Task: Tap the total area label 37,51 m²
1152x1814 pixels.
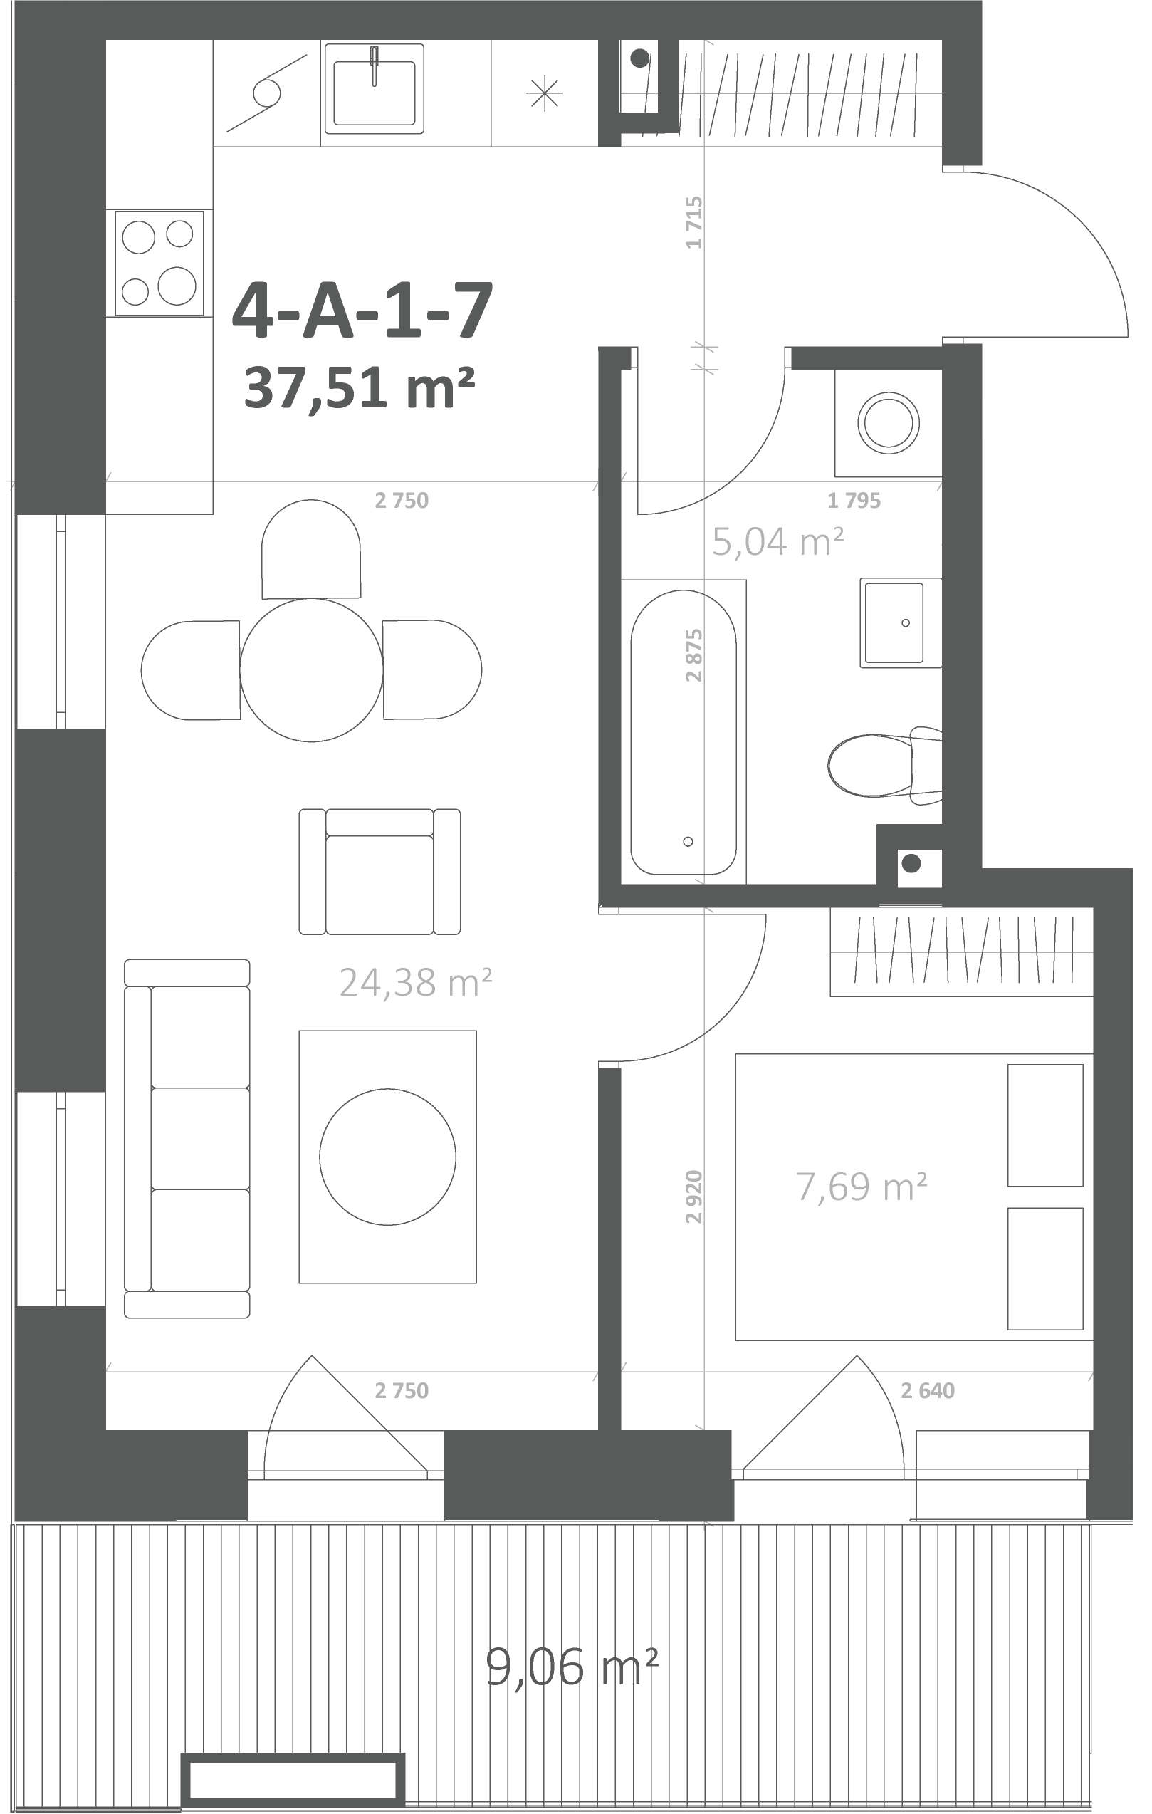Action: [x=359, y=387]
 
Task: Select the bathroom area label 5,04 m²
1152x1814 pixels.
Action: [x=777, y=542]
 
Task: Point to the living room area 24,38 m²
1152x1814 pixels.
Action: [x=416, y=982]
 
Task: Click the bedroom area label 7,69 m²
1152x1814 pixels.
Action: [x=862, y=1187]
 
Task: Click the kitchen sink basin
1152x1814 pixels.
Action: [x=375, y=93]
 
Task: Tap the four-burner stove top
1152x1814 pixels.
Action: [x=159, y=263]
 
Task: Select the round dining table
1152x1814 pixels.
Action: [x=311, y=669]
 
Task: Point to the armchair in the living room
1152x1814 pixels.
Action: [x=379, y=872]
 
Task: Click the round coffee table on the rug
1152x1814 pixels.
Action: [x=387, y=1157]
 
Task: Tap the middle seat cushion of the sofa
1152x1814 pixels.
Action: [x=200, y=1138]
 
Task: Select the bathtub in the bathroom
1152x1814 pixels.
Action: [x=684, y=731]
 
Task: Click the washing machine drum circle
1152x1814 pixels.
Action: [x=889, y=422]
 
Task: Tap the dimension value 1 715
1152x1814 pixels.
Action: [x=694, y=222]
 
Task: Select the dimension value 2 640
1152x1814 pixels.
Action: [x=928, y=1390]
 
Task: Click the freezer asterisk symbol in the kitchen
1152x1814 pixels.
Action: [x=544, y=93]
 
